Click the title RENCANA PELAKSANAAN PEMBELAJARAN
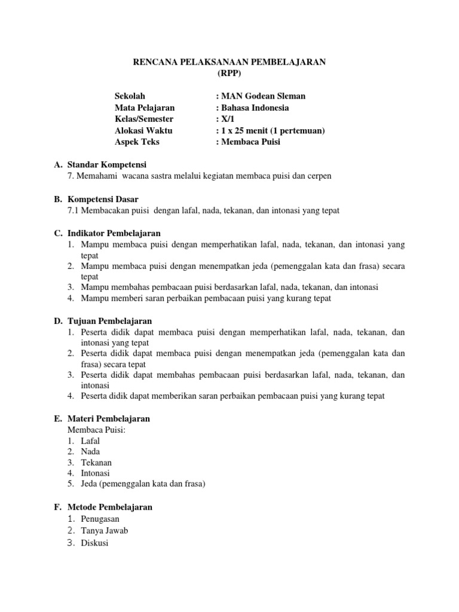(x=229, y=63)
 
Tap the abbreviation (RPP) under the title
(x=229, y=74)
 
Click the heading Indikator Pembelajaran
(x=114, y=233)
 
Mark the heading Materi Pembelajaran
(x=109, y=419)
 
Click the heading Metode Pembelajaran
(x=110, y=507)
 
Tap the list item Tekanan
(x=96, y=463)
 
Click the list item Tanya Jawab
(x=105, y=531)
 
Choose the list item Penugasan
(x=100, y=519)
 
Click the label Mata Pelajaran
(x=145, y=108)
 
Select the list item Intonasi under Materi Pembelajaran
(x=96, y=473)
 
